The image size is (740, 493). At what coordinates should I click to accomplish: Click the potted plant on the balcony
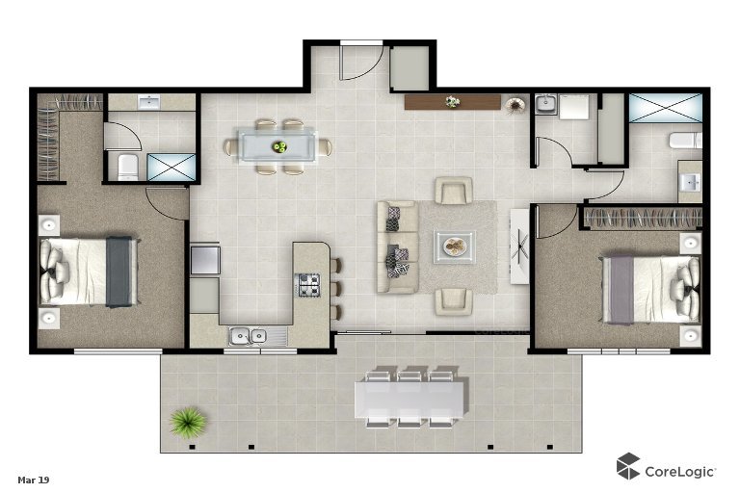coord(188,422)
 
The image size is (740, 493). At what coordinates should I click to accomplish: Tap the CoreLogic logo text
coord(680,471)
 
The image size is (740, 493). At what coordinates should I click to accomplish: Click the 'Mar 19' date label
coord(34,480)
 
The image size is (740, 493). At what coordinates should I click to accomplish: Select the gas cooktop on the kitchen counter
coord(308,285)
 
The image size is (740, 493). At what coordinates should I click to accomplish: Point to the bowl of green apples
coord(279,146)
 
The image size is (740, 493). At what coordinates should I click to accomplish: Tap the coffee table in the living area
coord(455,246)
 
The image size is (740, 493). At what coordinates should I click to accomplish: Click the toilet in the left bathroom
coord(127,167)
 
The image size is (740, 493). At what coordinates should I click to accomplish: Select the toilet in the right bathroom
coord(685,141)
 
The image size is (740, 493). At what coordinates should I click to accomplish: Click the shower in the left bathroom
coord(171,167)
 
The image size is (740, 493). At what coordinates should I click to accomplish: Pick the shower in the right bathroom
coord(666,108)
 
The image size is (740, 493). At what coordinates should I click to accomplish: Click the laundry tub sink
coord(546,104)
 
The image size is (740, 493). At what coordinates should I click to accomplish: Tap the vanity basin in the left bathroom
coord(149,101)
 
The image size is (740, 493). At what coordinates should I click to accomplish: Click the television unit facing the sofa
coord(519,246)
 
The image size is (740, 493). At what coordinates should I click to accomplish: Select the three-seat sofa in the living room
coord(397,246)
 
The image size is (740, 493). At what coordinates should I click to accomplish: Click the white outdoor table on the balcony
coord(410,399)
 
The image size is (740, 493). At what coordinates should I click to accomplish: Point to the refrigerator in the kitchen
coord(205,259)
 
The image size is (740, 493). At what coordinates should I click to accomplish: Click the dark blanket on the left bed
coord(118,272)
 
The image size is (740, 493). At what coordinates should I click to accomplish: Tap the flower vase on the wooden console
coord(452,101)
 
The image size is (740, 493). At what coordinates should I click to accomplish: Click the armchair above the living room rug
coord(454,190)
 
